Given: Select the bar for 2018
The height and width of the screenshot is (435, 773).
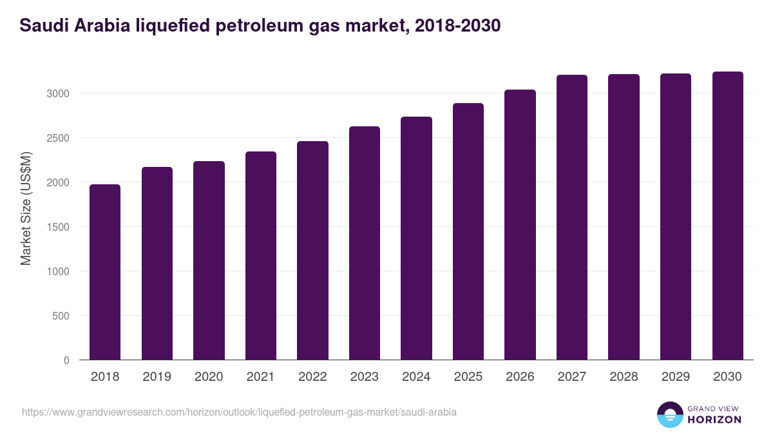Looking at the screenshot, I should tap(105, 272).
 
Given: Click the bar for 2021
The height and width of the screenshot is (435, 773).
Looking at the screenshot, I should tap(261, 255).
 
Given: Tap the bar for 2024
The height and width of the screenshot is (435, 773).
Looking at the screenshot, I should tap(416, 238).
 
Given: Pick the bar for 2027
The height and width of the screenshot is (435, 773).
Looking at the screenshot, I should tap(572, 217).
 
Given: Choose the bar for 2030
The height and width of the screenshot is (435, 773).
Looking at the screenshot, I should tap(727, 215).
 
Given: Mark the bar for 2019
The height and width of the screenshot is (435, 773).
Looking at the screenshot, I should tap(157, 263).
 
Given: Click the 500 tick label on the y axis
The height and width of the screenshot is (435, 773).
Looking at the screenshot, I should tap(61, 316).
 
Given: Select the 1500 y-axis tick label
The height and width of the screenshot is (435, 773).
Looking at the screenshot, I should tap(57, 227).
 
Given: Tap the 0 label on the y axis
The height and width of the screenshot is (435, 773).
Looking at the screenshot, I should tap(66, 360).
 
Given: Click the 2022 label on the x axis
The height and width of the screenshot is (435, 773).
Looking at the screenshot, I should tap(312, 377).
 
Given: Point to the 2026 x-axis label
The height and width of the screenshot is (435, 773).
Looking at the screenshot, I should tap(520, 377).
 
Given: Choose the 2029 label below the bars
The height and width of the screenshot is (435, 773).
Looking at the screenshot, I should tap(676, 377).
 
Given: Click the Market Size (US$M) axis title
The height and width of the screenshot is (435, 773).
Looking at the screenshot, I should tap(26, 208).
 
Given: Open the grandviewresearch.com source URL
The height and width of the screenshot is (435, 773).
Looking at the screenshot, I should tap(239, 412).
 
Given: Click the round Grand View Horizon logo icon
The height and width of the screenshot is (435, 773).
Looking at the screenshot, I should tap(669, 414).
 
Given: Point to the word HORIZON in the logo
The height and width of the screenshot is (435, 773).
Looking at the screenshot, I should tap(714, 420).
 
